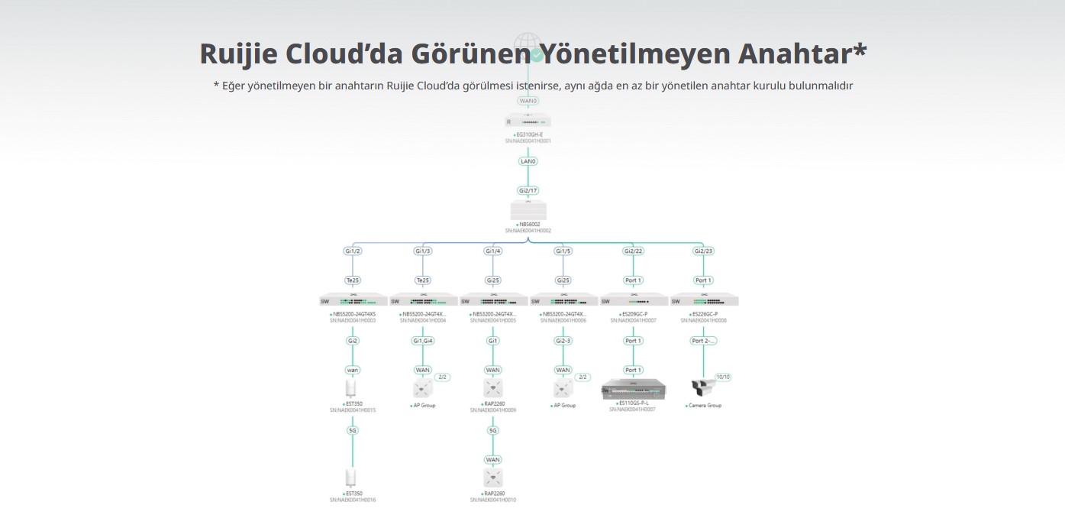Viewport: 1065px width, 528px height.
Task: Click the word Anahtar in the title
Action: (802, 53)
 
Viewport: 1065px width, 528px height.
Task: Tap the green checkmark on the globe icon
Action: (537, 54)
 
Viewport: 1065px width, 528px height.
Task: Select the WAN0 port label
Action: (528, 101)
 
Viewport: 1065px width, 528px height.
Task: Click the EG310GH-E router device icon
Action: (528, 120)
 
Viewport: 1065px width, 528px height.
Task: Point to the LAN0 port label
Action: (528, 161)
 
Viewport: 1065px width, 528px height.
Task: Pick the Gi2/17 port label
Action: (528, 189)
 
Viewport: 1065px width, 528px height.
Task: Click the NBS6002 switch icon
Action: (528, 210)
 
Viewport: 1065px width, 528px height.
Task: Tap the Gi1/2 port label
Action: (353, 251)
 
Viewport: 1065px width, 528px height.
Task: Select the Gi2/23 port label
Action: (704, 251)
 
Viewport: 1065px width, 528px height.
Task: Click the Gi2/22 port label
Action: (634, 251)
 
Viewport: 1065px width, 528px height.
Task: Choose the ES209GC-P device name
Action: (634, 313)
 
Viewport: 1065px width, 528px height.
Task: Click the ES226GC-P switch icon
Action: (704, 300)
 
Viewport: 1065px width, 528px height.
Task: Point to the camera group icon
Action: (701, 389)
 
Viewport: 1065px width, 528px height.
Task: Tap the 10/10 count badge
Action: (722, 377)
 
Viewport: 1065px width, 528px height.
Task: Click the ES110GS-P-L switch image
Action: (634, 388)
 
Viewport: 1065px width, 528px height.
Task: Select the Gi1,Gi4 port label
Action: (423, 341)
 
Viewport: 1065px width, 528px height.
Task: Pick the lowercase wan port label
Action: (353, 370)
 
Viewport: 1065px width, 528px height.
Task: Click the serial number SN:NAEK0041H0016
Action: (353, 500)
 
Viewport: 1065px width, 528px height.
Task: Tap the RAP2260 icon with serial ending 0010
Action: (493, 478)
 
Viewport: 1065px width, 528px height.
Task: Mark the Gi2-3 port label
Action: (563, 341)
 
